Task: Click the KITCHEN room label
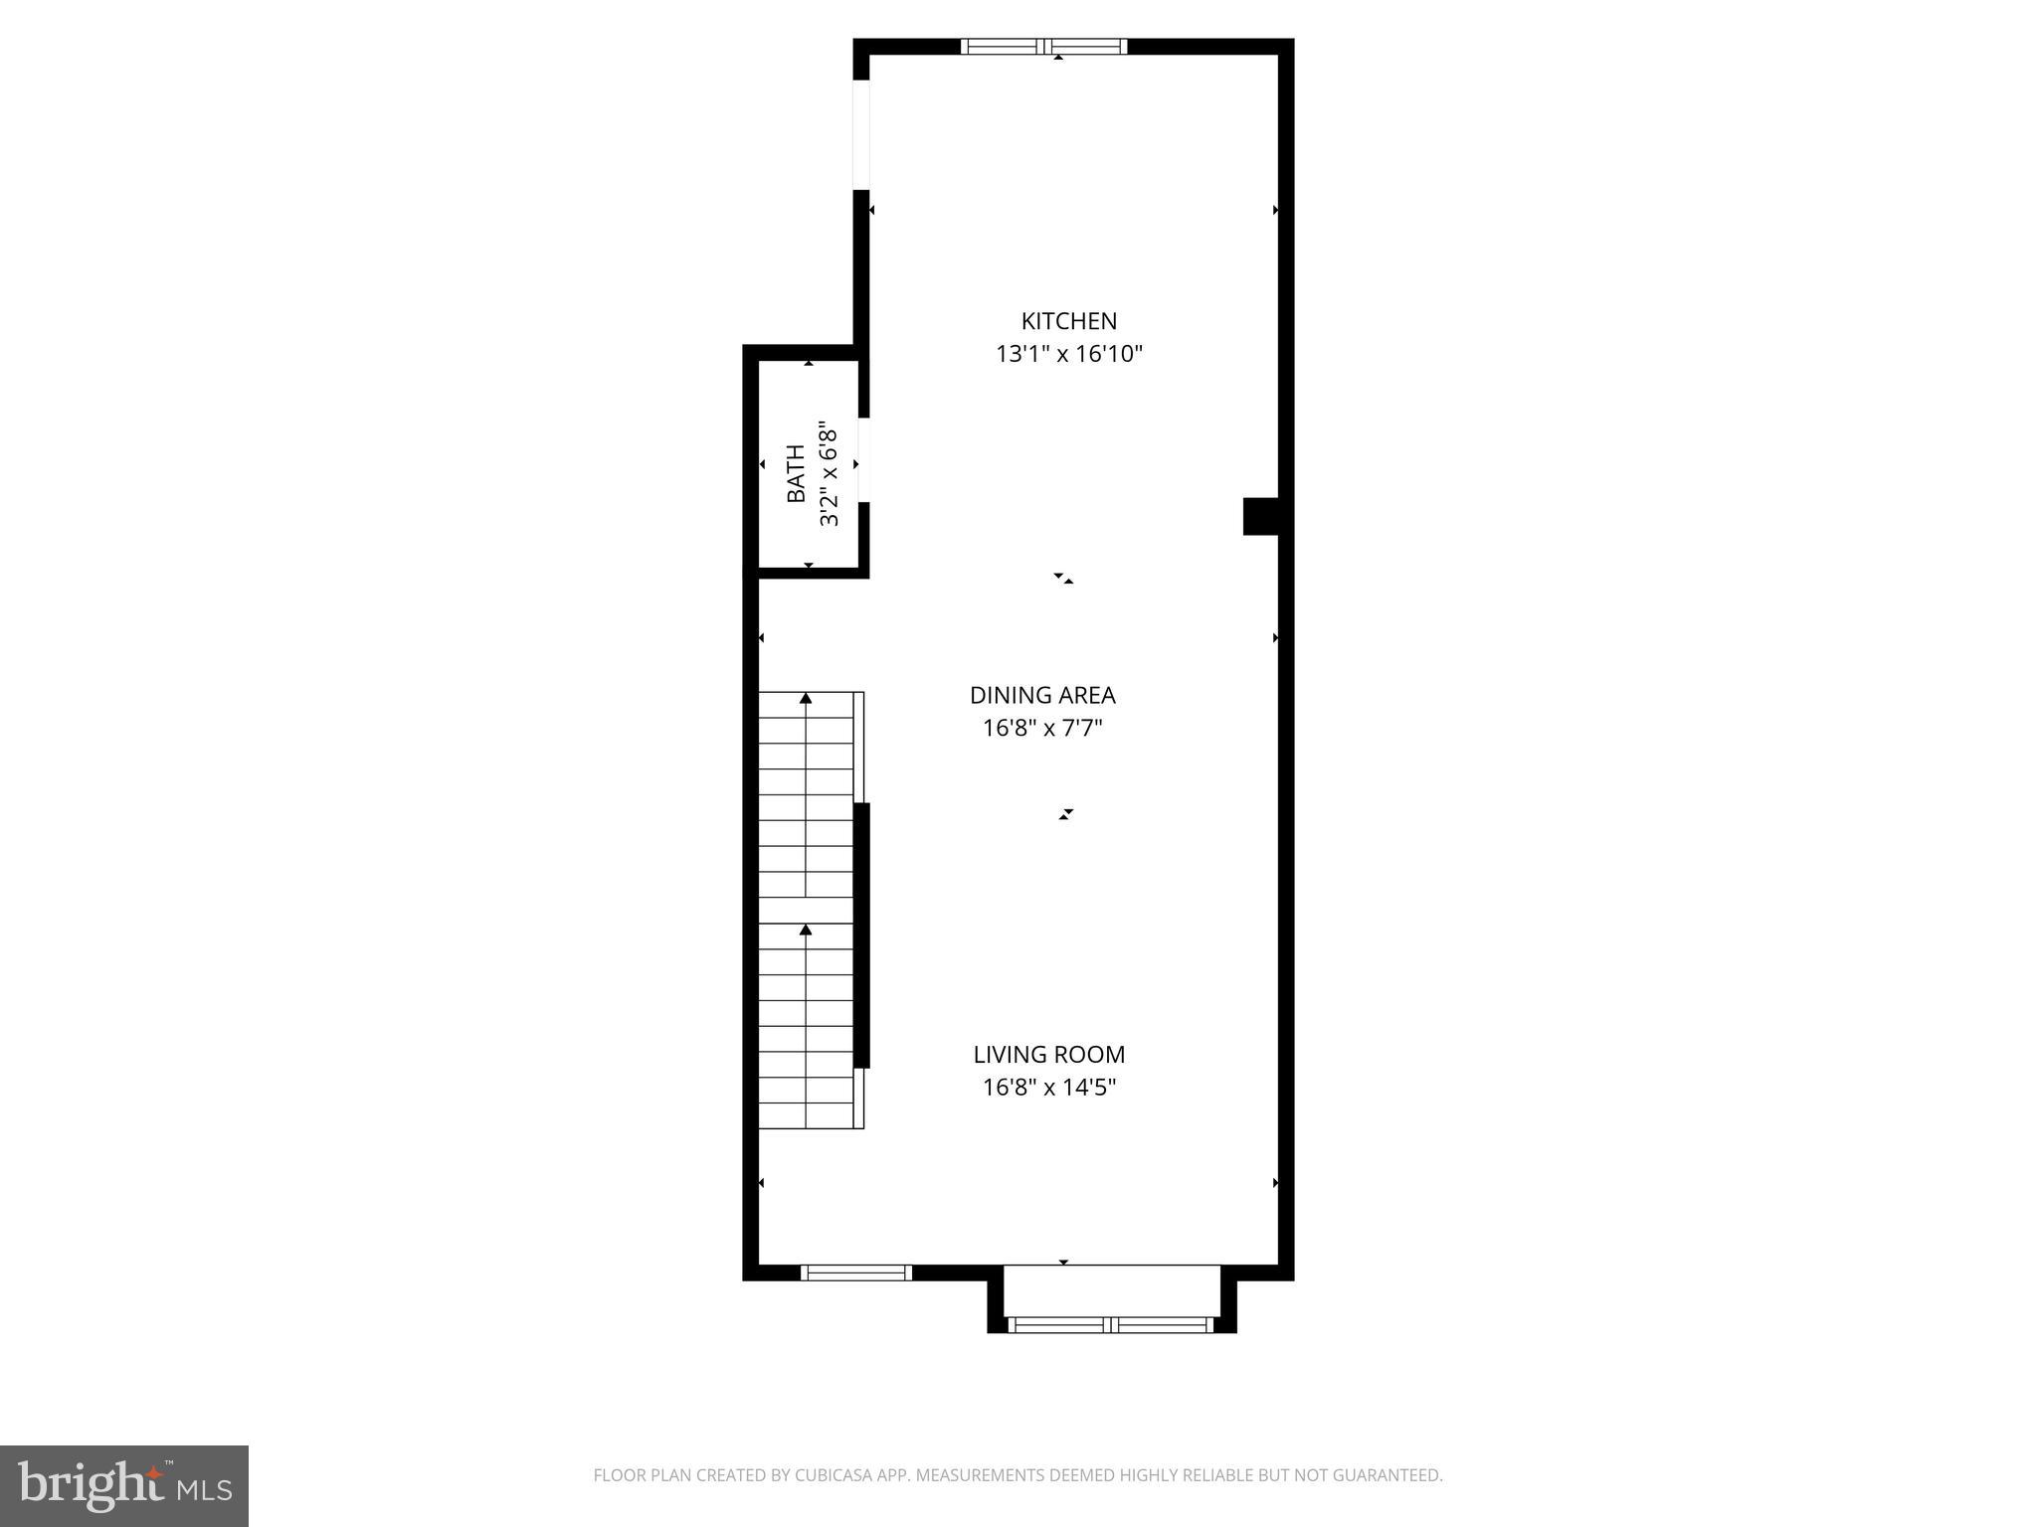[1068, 321]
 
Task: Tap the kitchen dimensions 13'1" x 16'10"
[1068, 354]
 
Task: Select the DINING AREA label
[1042, 696]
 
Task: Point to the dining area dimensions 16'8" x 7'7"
[1042, 729]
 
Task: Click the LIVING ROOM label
[1048, 1055]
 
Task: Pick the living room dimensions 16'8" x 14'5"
[1048, 1088]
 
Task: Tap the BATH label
[797, 474]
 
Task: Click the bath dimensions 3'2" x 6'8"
[829, 474]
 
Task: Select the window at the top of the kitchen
[1043, 46]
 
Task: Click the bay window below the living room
[1111, 1324]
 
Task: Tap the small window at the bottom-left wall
[856, 1272]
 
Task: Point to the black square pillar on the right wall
[1260, 516]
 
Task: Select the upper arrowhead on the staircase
[806, 699]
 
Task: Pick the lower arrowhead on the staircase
[806, 930]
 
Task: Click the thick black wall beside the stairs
[862, 934]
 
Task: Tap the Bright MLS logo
[124, 1485]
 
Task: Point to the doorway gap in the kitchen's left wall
[862, 134]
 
